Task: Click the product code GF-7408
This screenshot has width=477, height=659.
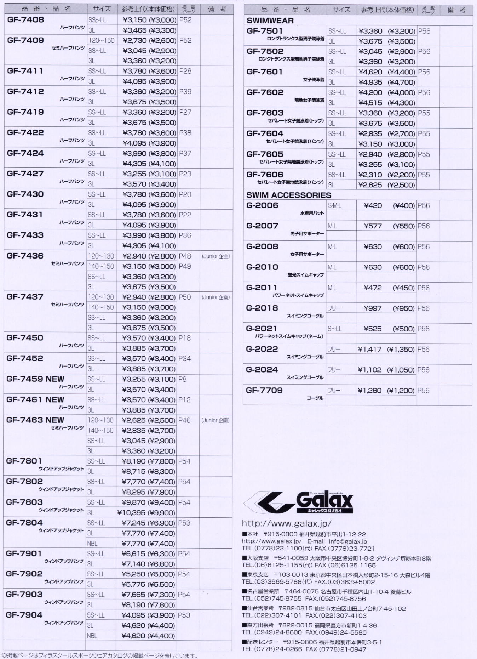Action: point(25,20)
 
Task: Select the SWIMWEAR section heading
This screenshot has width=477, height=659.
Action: point(270,21)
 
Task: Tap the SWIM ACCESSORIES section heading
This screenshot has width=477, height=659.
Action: point(289,195)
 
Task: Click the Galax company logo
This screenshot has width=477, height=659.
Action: point(299,501)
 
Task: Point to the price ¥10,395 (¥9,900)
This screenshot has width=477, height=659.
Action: point(146,513)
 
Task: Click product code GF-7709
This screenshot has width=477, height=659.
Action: point(264,390)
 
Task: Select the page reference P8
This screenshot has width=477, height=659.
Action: point(183,379)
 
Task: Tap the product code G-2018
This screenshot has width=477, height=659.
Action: point(262,308)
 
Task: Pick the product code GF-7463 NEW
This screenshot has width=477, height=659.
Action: point(35,420)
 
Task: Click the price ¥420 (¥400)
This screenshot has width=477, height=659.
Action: point(389,206)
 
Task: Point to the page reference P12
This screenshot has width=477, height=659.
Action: point(184,400)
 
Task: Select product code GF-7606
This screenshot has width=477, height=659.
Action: point(265,175)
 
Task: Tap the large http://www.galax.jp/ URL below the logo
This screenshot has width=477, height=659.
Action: point(287,523)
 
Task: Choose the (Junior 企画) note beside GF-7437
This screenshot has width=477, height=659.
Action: point(215,297)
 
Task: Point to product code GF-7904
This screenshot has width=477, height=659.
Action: point(24,615)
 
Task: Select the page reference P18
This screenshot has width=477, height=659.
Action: point(184,338)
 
